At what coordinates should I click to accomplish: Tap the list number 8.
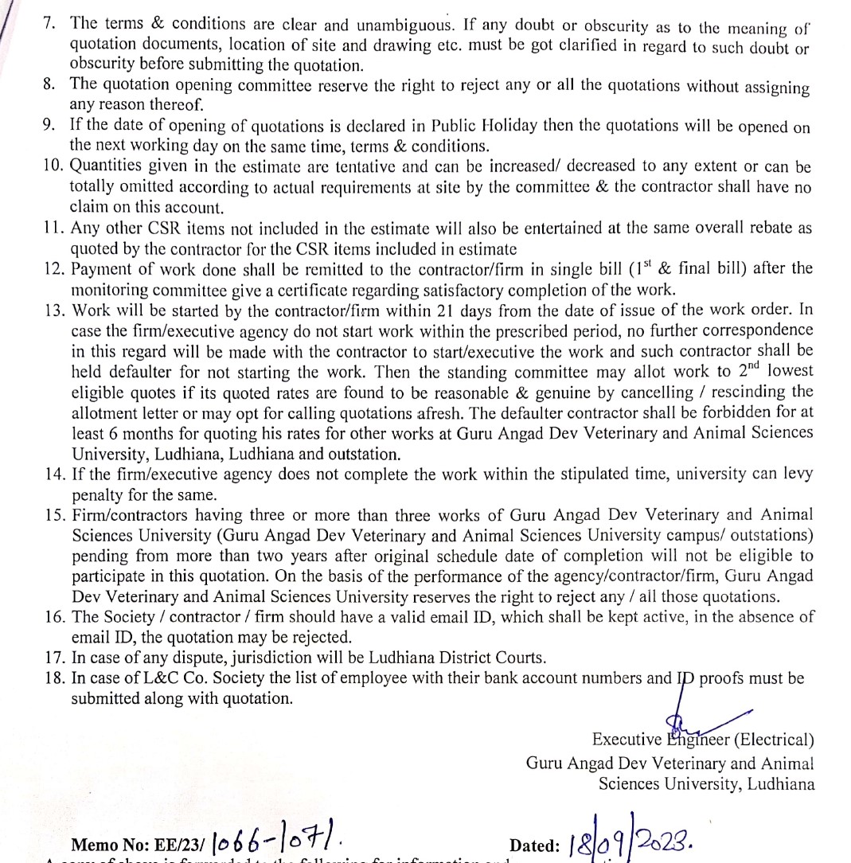pos(49,84)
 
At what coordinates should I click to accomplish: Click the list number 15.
pos(53,516)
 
